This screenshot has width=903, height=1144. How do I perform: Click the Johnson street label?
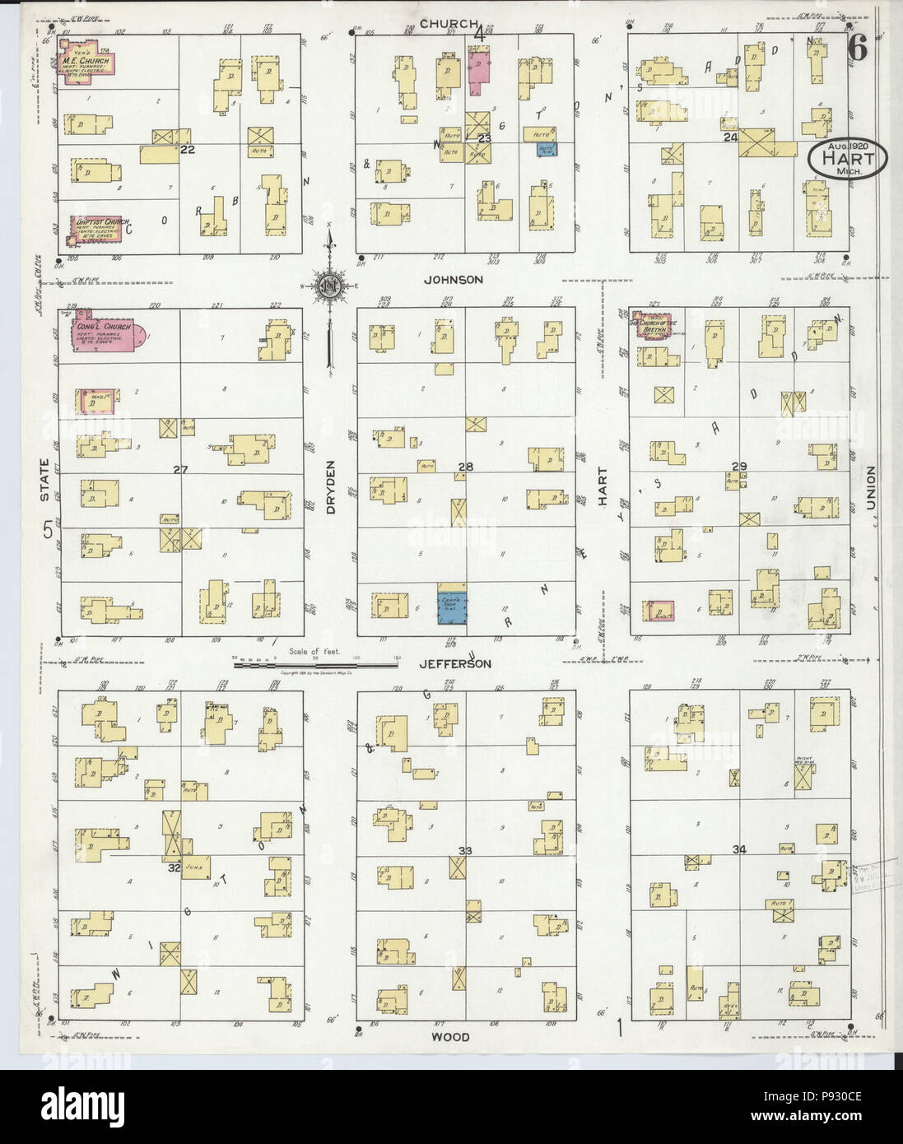tap(453, 280)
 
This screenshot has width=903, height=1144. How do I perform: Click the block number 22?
tap(189, 149)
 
